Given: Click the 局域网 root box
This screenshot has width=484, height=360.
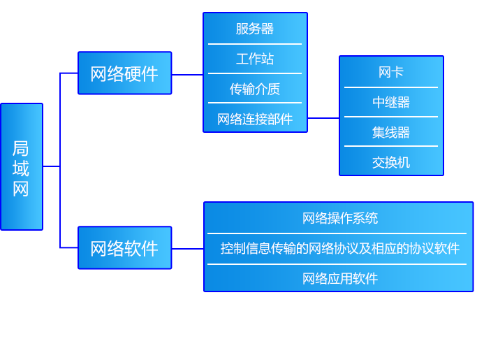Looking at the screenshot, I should [21, 167].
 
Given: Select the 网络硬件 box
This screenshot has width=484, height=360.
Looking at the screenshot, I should [124, 73].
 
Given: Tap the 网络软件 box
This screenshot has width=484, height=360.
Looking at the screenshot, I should [124, 248].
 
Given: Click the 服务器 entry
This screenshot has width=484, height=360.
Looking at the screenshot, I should [255, 29].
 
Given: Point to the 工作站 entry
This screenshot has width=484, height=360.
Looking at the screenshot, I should [255, 59].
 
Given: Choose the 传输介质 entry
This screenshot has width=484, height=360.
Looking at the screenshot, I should [255, 89].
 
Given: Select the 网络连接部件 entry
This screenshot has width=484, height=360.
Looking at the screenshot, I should [255, 119].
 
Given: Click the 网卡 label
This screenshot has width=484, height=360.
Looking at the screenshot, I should [391, 72].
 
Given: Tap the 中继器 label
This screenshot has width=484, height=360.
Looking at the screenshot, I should [391, 102].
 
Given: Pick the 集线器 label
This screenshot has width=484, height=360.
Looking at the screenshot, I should [391, 132].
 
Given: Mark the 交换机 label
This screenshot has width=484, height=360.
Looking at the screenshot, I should [391, 162].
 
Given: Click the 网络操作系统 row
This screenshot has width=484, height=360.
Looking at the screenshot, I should [339, 218].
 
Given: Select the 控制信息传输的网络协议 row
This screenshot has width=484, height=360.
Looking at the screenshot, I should [339, 248].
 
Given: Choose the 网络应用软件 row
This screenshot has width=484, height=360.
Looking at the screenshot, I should [339, 278].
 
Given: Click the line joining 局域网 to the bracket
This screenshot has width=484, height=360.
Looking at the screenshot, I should [50, 166].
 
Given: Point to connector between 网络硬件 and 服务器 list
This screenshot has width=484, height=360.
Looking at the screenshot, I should [187, 74].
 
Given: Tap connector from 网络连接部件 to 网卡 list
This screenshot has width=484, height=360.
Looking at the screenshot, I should [323, 118].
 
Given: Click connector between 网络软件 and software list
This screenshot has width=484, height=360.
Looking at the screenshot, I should [187, 248].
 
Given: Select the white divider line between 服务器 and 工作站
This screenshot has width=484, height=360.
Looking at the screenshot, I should [255, 44].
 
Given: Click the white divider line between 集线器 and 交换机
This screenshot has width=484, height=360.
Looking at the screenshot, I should [391, 146].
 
